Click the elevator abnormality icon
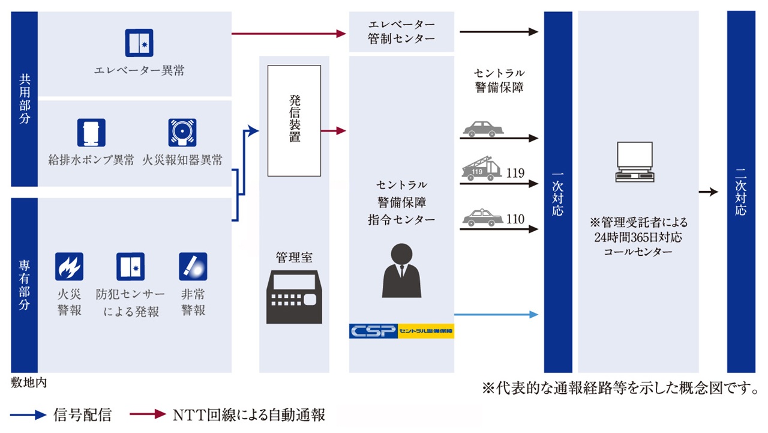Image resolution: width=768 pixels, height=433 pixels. (x=139, y=43)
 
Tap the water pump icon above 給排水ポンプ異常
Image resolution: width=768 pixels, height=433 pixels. (x=91, y=133)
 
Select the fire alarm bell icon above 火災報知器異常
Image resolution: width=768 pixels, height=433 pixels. (x=182, y=133)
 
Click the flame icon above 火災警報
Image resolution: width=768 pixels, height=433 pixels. (x=69, y=267)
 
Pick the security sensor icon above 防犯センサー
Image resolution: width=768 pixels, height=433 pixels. (x=131, y=267)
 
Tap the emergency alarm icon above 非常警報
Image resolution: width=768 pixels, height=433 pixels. (x=193, y=267)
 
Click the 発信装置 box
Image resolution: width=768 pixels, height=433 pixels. (x=294, y=121)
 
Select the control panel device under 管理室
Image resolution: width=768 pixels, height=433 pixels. (x=294, y=297)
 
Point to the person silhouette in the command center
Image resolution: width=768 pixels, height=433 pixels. (x=401, y=271)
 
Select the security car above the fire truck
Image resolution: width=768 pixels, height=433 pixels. (x=484, y=129)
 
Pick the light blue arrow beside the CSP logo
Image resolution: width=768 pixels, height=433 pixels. (x=496, y=314)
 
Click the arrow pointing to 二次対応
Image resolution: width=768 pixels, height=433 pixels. (x=709, y=192)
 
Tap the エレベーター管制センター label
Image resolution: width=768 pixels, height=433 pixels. (x=401, y=31)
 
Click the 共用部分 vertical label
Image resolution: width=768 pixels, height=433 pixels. (x=25, y=99)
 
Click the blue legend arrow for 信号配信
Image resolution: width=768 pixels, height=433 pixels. (x=28, y=414)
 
